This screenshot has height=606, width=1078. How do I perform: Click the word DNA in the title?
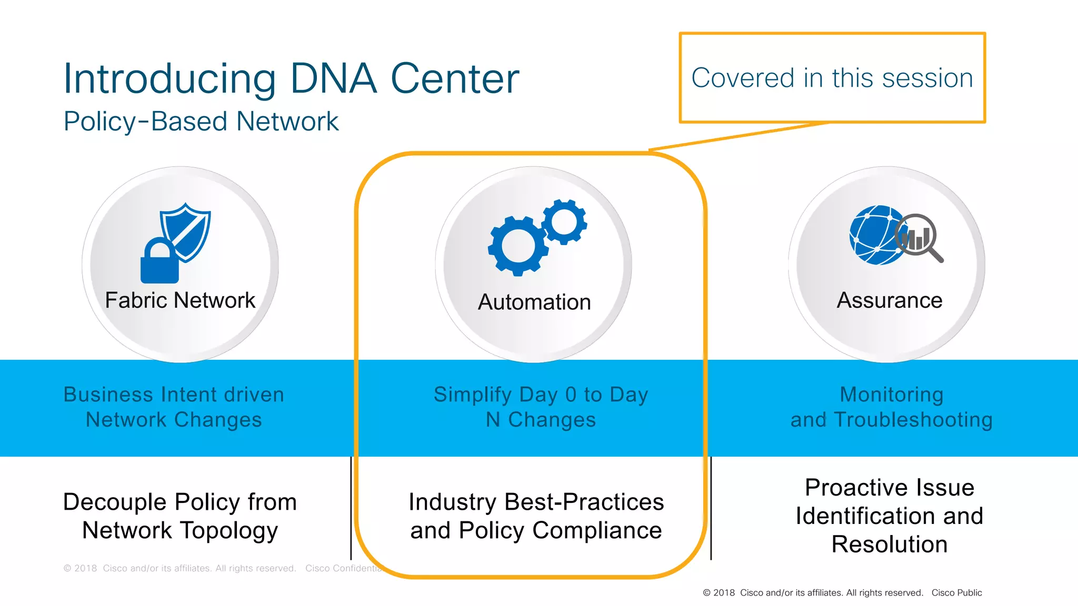[x=333, y=79]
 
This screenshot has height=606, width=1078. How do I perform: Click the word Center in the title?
[x=454, y=79]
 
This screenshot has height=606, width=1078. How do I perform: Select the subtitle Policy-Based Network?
[x=201, y=122]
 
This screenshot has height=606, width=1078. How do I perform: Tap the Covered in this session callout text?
[x=832, y=78]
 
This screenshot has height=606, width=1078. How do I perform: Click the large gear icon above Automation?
[x=518, y=246]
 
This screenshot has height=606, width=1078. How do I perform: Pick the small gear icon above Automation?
[x=564, y=221]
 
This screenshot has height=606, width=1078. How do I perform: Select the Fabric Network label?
[x=180, y=300]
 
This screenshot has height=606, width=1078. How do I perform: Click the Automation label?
[x=534, y=302]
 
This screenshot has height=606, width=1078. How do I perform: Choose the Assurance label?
[x=889, y=300]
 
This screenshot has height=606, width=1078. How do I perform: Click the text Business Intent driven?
[x=174, y=395]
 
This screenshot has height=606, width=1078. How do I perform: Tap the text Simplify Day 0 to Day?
[x=541, y=395]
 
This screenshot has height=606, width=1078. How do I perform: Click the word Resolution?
[x=889, y=544]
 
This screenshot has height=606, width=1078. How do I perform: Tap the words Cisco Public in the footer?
[x=956, y=593]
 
